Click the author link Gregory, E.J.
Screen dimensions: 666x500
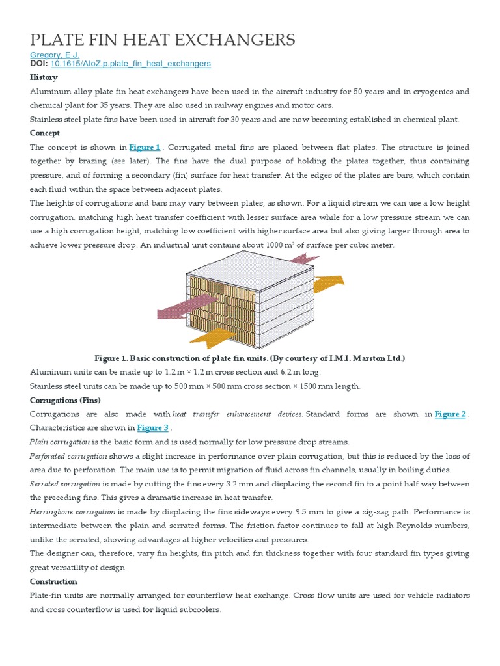[x=55, y=55]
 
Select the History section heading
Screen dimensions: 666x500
[x=44, y=77]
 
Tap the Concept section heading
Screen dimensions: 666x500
[x=45, y=133]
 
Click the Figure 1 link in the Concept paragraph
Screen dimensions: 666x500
[x=145, y=148]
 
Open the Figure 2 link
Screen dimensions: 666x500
[x=450, y=414]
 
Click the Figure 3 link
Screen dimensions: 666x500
[x=152, y=428]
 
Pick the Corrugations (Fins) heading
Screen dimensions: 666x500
[x=65, y=400]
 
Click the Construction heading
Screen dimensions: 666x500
[x=53, y=581]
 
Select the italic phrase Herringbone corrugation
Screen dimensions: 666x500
[x=73, y=512]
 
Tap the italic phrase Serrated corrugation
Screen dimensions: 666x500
[x=65, y=484]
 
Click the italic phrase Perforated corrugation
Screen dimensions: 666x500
[x=68, y=456]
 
